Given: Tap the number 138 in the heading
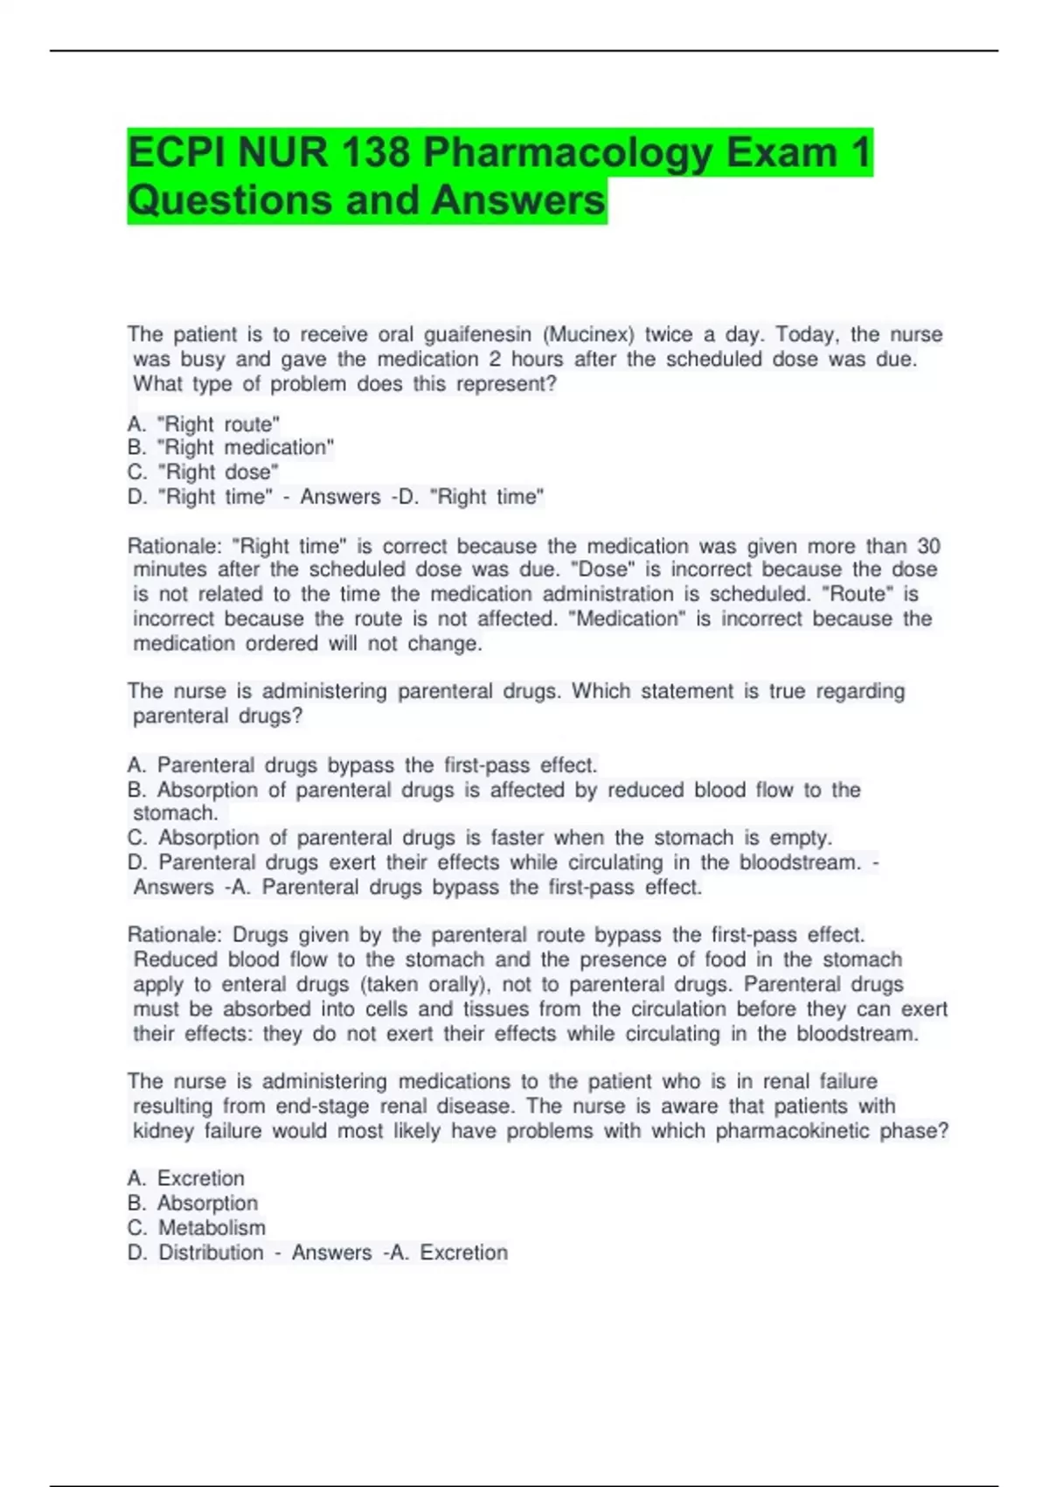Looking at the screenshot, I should click(375, 154).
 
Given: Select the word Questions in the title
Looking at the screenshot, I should click(229, 200).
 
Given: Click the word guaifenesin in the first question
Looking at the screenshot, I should click(477, 334).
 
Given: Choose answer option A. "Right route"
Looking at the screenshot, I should click(204, 424).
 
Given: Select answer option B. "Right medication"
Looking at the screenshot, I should click(231, 448).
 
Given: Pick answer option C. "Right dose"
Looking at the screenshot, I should click(203, 472).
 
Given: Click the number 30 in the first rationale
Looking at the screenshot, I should click(928, 546).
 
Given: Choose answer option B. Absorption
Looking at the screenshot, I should click(192, 1204).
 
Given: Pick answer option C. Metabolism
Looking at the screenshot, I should click(197, 1228).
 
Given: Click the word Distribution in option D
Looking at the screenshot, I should click(211, 1253).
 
